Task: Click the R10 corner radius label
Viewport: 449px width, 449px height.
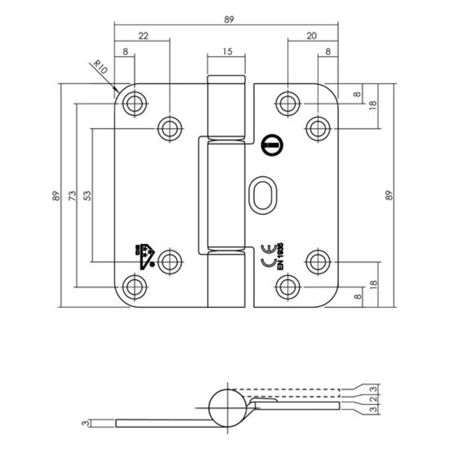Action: tap(100, 68)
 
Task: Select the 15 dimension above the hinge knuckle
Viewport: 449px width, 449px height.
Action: tap(227, 51)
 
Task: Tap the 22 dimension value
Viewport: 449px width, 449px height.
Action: tap(143, 36)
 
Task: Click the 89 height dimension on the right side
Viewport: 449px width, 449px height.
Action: tap(389, 195)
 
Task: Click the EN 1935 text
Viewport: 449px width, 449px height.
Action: tap(282, 256)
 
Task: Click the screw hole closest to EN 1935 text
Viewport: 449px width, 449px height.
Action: tap(287, 286)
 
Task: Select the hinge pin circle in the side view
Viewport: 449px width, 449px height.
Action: tap(228, 408)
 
